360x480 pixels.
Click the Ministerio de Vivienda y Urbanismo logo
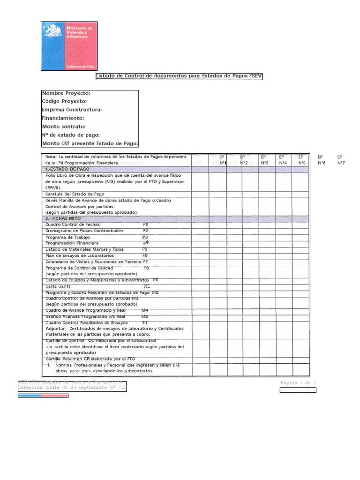69,46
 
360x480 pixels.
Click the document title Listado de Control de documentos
179,76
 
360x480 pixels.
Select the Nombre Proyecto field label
66,93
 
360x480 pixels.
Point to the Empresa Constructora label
72,110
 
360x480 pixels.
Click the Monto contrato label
64,127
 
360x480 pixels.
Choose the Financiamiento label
63,118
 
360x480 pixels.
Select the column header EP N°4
282,160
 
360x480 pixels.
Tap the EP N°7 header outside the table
341,160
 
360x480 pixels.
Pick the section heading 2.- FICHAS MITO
63,218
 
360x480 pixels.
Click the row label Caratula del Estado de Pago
75,194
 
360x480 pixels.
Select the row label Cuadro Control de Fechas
73,225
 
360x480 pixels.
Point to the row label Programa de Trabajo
68,237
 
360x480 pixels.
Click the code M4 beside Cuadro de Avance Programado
145,310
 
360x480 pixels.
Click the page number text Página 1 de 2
298,383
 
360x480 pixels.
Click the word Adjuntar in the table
56,329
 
